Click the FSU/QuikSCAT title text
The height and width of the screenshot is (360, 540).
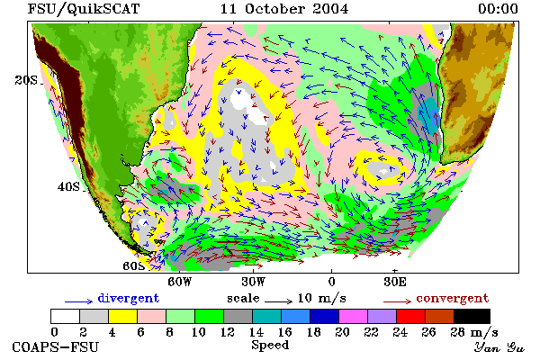tap(84, 9)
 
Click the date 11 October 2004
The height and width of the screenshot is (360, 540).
tap(284, 9)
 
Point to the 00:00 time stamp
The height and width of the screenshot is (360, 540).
tap(498, 9)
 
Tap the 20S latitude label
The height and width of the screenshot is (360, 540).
tap(26, 80)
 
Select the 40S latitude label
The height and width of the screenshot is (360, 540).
tap(68, 186)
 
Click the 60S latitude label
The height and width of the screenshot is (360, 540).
tap(133, 266)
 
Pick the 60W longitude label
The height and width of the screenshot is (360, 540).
tap(179, 282)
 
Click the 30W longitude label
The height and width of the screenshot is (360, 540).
tap(254, 282)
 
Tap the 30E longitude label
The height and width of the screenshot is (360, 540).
tap(395, 282)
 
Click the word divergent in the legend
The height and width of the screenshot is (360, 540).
tap(129, 298)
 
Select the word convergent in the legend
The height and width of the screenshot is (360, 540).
tap(453, 298)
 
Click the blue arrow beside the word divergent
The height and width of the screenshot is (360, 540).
tap(79, 301)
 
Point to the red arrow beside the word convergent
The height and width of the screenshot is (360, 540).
tap(398, 301)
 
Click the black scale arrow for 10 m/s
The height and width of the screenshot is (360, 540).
tap(279, 301)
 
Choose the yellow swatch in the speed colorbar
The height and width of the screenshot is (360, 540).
tap(122, 316)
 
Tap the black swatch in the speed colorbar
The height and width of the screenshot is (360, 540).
tap(472, 316)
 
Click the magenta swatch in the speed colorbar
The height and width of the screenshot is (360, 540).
tap(354, 316)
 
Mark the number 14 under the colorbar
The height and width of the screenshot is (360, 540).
tap(256, 332)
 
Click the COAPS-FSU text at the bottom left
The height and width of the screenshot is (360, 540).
tap(56, 346)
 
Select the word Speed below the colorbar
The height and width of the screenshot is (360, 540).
tap(270, 346)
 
